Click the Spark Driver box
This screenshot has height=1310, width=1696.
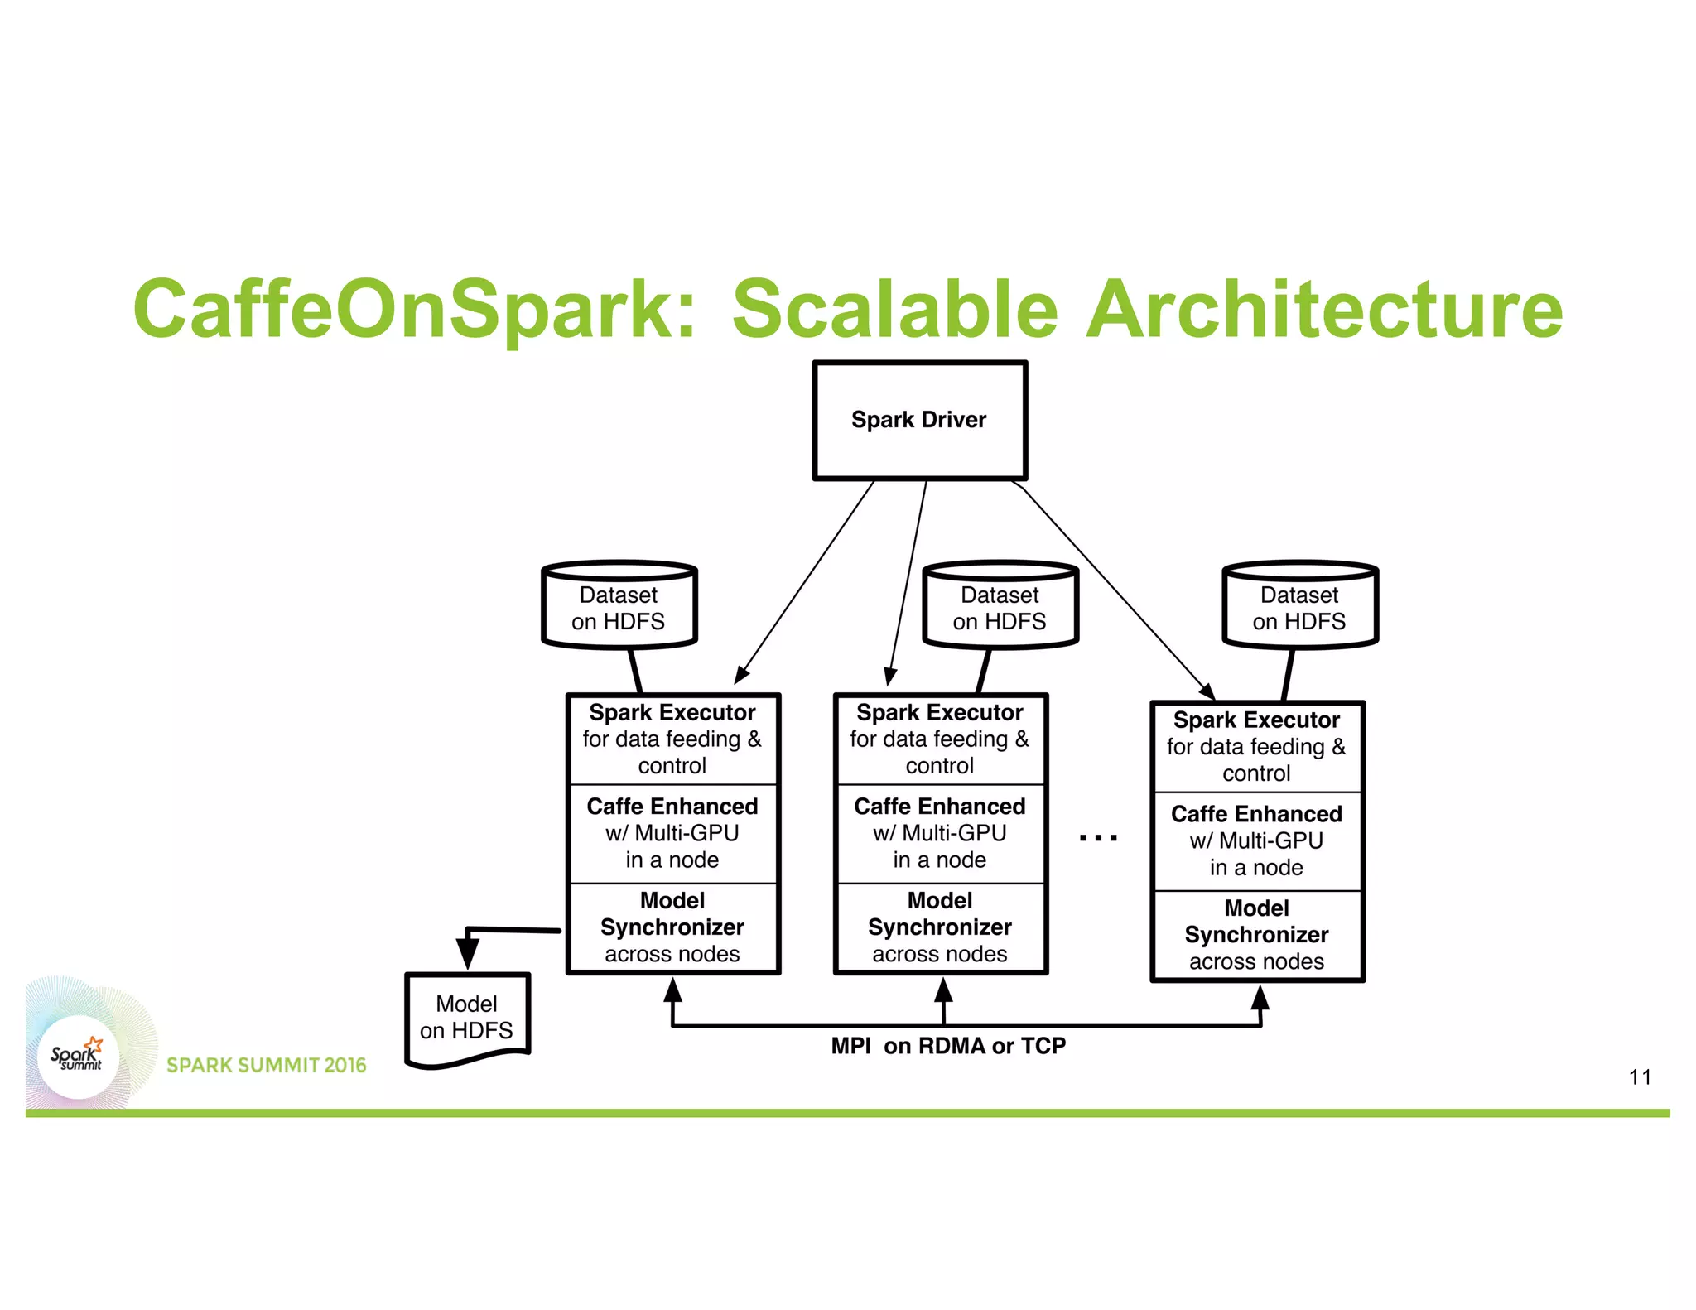(919, 420)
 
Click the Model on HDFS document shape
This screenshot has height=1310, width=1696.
(467, 1019)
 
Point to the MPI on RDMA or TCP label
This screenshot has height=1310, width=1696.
(948, 1046)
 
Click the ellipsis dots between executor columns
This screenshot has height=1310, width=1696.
(1098, 838)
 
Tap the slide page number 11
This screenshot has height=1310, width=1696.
(1640, 1077)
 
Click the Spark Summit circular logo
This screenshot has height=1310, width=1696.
(77, 1057)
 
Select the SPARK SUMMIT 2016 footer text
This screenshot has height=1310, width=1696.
(266, 1065)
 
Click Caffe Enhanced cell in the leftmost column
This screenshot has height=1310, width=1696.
(672, 833)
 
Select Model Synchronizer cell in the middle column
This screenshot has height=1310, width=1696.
(940, 927)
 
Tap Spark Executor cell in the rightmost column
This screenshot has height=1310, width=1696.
(1256, 746)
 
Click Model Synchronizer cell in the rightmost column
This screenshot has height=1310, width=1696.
(1256, 935)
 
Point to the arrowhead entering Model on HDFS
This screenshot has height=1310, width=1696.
(468, 952)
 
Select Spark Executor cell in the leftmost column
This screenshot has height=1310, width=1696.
(672, 739)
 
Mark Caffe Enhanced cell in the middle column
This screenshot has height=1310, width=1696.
(940, 833)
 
